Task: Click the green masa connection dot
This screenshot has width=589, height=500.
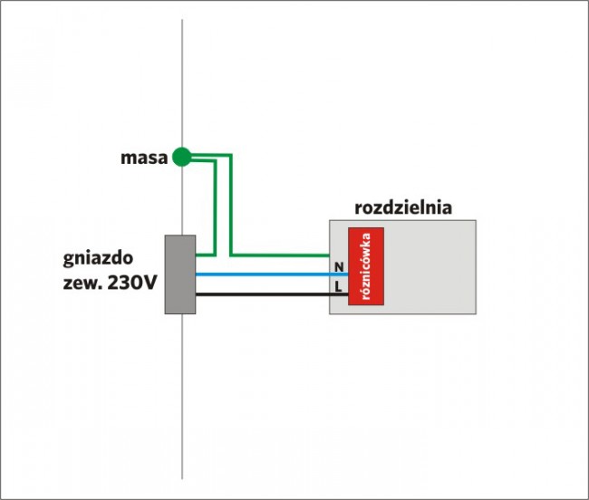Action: point(182,158)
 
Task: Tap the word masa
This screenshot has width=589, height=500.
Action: point(144,159)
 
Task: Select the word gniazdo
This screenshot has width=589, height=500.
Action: point(99,259)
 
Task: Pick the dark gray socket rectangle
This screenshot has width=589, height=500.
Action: point(180,274)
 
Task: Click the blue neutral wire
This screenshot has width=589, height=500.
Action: point(263,274)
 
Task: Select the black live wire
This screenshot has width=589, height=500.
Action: point(263,293)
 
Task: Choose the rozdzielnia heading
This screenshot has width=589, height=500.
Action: point(403,207)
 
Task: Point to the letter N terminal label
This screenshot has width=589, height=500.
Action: point(339,267)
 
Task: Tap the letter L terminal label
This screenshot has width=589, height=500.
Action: point(339,286)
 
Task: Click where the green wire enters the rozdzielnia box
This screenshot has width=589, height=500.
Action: point(328,255)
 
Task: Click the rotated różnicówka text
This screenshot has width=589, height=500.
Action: point(366,268)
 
